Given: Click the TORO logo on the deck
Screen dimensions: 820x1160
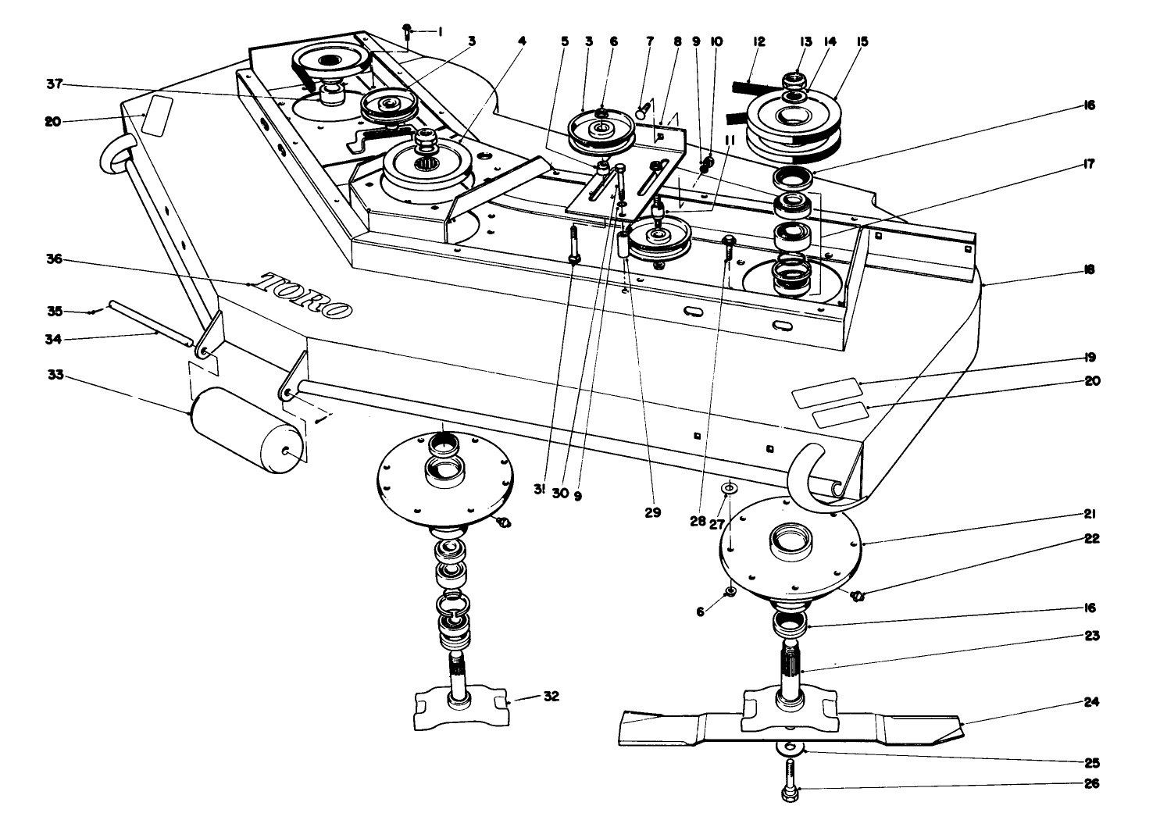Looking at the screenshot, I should (305, 294).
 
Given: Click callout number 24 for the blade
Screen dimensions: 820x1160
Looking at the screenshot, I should (1091, 702).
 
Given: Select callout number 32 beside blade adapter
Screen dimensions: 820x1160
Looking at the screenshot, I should (551, 697).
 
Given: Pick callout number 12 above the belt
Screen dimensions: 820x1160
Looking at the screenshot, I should (758, 41).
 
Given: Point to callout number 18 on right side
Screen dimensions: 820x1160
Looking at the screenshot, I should (1090, 270).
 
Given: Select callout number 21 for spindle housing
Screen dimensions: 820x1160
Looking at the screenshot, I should (1090, 514).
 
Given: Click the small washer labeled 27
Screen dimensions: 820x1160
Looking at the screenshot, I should (729, 488).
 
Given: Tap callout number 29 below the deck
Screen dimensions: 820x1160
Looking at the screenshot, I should (652, 513).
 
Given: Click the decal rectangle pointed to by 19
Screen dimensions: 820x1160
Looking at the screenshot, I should (825, 393).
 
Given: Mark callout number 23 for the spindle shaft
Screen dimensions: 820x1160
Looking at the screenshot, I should (1091, 636).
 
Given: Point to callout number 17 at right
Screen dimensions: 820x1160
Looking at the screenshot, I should (1090, 164).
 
